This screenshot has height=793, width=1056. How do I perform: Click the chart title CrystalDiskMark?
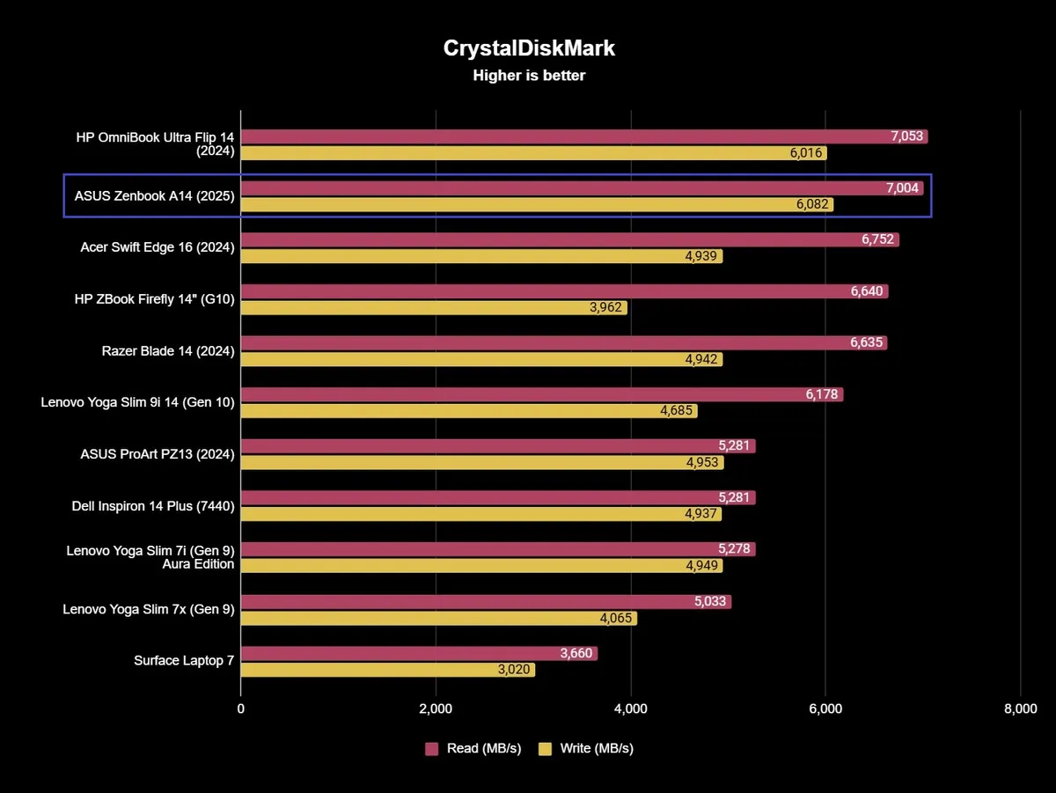coord(528,48)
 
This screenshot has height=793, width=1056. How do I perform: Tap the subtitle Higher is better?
coord(528,76)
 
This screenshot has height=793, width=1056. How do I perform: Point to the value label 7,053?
coord(907,136)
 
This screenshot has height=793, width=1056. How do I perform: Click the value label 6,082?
coord(811,205)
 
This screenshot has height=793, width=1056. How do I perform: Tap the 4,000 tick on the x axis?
coord(630,709)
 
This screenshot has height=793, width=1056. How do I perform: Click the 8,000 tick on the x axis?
coord(1019,709)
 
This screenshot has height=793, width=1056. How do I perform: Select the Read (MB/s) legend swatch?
coord(432,749)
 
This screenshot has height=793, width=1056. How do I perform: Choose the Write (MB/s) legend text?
coord(597,749)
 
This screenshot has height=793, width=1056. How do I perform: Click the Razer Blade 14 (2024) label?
coord(168,351)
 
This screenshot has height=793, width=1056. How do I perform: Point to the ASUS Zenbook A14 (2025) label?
coord(154,196)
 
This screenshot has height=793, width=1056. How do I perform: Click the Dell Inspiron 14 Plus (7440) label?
coord(153,506)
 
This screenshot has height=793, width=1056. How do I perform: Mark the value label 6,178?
coord(824,394)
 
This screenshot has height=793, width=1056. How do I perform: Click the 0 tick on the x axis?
coord(241,709)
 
